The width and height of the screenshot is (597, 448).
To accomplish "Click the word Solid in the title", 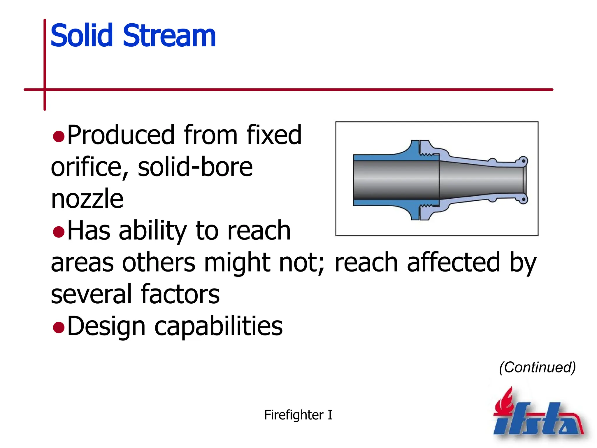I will (82, 36).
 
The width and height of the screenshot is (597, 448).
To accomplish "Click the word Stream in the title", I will (169, 36).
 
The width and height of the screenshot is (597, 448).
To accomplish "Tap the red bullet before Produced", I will (59, 136).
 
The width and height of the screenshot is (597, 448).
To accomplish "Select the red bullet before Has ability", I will (59, 232).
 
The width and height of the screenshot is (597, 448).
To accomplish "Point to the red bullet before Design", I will (59, 327).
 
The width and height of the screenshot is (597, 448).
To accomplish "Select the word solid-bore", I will (195, 167).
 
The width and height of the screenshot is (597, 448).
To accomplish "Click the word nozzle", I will (87, 199).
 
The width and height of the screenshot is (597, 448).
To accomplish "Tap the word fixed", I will (274, 135).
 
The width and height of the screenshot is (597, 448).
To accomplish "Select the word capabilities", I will (218, 326).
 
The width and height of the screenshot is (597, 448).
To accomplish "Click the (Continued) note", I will (537, 367).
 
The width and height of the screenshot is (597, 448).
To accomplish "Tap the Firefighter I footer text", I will (298, 415).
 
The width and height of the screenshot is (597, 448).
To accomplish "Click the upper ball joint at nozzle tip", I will (523, 161).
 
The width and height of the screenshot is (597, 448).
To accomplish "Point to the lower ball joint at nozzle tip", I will (523, 199).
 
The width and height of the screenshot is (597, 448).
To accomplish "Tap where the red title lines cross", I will (45, 90).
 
